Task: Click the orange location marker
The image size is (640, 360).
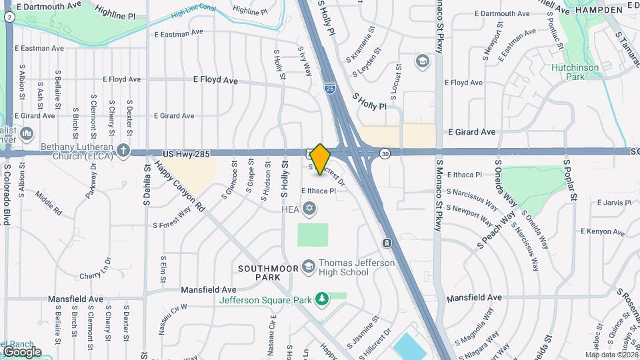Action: point(320,159)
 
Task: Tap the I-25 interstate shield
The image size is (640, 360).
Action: point(330,87)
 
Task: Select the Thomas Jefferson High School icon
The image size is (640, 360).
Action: point(308,267)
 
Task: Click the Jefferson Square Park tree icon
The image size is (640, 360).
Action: point(322,298)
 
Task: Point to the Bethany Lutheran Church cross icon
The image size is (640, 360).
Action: point(123,151)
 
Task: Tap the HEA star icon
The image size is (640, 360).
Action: point(308,210)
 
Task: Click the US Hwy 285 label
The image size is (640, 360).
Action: point(187,154)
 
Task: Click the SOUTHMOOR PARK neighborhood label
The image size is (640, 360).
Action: point(265,272)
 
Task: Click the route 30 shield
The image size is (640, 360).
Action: point(385,154)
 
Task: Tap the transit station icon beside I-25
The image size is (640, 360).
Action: point(387,243)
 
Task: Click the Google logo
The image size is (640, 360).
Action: point(21,352)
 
